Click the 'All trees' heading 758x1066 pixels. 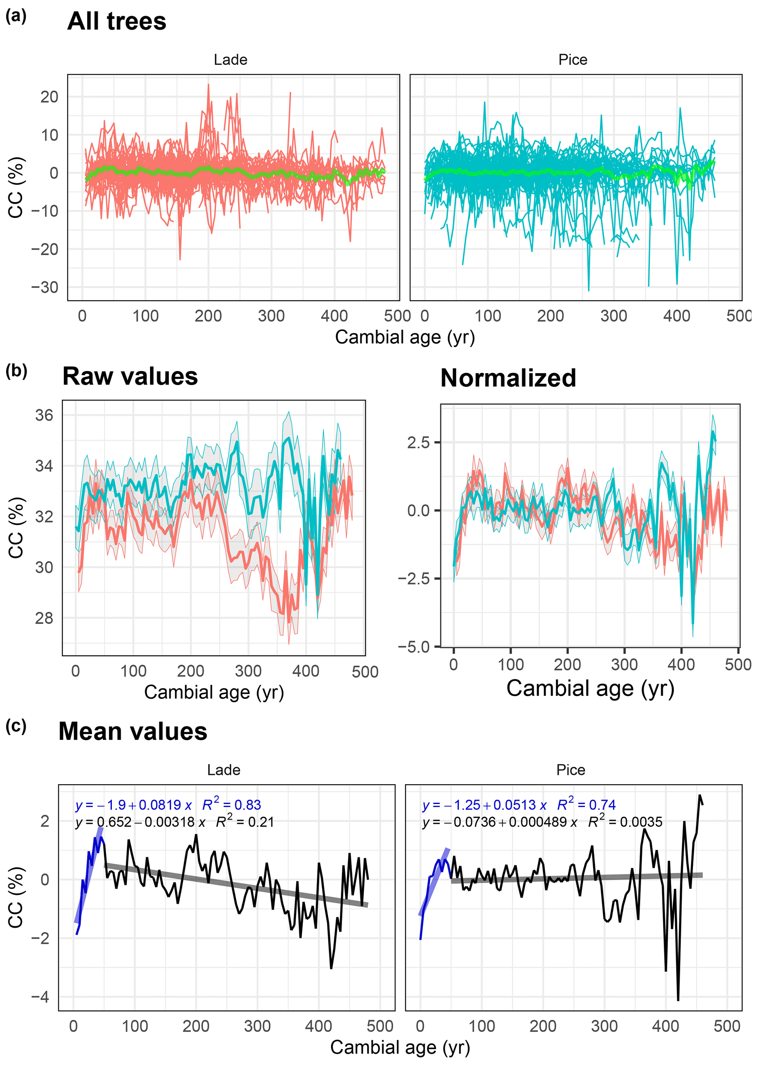(117, 22)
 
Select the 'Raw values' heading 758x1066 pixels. (130, 376)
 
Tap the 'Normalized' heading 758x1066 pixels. (508, 378)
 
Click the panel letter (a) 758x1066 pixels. (16, 17)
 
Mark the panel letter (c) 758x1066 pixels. (16, 726)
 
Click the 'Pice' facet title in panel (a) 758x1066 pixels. (573, 60)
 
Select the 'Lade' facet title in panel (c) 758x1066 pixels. (224, 770)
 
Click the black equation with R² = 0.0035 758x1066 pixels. (542, 822)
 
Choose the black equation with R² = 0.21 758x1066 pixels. (175, 822)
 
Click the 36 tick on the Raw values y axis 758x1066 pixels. (44, 415)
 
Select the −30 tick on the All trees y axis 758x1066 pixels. (45, 287)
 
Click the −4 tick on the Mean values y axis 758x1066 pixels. (40, 997)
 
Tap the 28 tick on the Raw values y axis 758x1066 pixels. (44, 618)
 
